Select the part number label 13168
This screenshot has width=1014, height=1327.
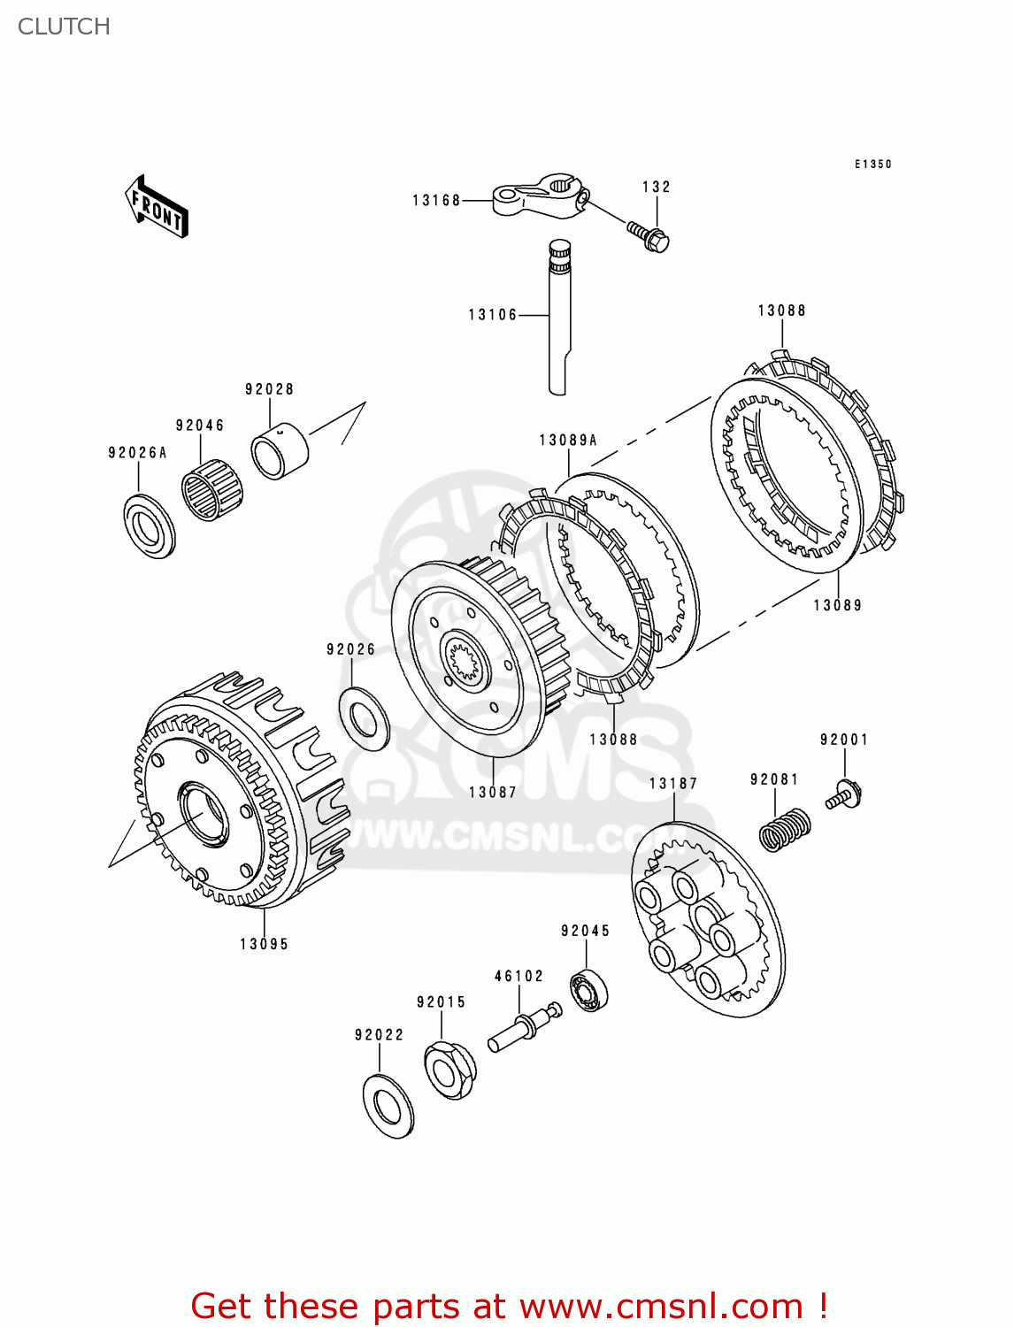(x=436, y=201)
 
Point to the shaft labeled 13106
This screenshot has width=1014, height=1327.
(x=558, y=318)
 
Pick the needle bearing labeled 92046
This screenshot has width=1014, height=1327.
(x=212, y=489)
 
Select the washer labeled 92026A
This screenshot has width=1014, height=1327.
(x=149, y=526)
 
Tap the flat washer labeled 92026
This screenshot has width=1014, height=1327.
(x=364, y=717)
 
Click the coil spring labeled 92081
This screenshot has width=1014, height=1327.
(x=785, y=830)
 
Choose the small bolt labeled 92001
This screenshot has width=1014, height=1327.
(x=845, y=794)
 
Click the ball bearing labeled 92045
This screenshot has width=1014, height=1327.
(x=588, y=990)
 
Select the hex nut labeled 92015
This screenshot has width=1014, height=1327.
(x=449, y=1070)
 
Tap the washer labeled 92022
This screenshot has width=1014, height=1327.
(x=388, y=1106)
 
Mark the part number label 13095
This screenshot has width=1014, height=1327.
(x=264, y=944)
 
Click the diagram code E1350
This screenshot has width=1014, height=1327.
(x=872, y=165)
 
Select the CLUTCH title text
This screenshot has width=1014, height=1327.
(x=64, y=27)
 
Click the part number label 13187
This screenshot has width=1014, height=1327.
(x=672, y=784)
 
